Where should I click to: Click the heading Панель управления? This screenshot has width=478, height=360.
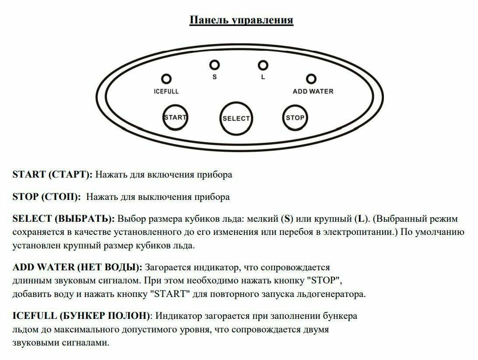[x=241, y=20]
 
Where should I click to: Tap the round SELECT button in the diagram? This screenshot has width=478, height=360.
[x=236, y=118]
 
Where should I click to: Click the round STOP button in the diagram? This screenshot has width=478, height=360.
[x=295, y=118]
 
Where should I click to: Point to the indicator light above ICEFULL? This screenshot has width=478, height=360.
[x=166, y=79]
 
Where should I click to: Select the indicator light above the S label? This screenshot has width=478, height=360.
[x=214, y=65]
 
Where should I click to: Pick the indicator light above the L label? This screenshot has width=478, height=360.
[x=263, y=65]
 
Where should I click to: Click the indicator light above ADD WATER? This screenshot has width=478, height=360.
[x=311, y=79]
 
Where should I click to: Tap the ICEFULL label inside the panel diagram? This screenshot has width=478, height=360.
[x=166, y=91]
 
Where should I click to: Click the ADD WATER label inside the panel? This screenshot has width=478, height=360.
[x=313, y=91]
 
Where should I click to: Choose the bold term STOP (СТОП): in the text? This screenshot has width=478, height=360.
[x=46, y=197]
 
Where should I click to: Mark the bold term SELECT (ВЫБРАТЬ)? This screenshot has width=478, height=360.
[x=63, y=218]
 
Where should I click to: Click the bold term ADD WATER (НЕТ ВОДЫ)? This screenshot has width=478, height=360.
[x=77, y=267]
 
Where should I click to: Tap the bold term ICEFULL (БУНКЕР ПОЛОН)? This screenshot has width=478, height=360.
[x=81, y=316]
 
